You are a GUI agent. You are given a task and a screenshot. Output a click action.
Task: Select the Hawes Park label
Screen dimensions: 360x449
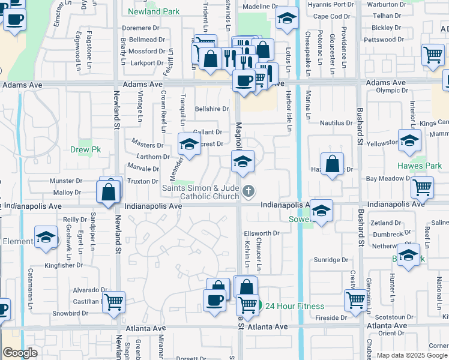point(419,166)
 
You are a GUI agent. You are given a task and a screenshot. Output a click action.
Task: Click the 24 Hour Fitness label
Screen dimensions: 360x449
point(296,305)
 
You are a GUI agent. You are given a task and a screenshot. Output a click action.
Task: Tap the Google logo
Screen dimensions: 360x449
point(20,352)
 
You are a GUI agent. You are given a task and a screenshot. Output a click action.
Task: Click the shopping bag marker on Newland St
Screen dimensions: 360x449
point(109,192)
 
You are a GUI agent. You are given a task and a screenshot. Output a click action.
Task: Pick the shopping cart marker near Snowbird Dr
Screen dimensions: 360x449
point(113,303)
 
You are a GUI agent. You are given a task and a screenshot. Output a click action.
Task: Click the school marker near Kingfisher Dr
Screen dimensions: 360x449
point(46,238)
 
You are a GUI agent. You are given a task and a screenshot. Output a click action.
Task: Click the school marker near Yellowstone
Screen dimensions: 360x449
point(409,141)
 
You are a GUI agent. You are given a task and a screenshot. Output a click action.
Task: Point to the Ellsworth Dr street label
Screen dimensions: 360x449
point(262,233)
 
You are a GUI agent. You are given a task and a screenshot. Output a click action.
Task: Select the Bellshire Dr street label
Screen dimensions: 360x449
point(212,109)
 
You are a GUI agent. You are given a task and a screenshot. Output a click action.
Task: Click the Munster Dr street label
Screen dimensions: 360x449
point(65,180)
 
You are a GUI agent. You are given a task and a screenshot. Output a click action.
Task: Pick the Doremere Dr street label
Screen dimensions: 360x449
point(139,28)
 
